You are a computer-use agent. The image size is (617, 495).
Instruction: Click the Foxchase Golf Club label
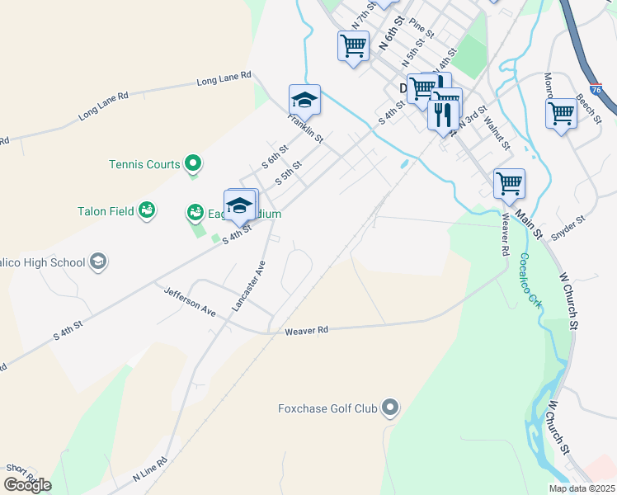point(327,408)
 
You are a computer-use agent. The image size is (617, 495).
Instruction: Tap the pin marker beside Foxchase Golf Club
point(391,408)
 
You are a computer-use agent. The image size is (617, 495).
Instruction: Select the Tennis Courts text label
point(144,164)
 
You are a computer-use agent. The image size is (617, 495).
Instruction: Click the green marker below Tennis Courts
point(193,164)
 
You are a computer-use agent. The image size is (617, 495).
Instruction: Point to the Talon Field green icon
point(147,211)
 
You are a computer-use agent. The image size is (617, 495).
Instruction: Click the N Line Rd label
point(150,471)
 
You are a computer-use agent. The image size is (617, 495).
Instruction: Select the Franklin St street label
point(305,128)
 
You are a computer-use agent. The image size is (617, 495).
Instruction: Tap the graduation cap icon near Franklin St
point(304,101)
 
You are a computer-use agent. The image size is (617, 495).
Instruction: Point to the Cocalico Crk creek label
point(530,280)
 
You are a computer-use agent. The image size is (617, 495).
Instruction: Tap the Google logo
point(27,485)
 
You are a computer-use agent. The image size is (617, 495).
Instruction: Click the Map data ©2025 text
point(582,488)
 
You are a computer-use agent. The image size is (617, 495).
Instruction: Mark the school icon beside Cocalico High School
point(97,262)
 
